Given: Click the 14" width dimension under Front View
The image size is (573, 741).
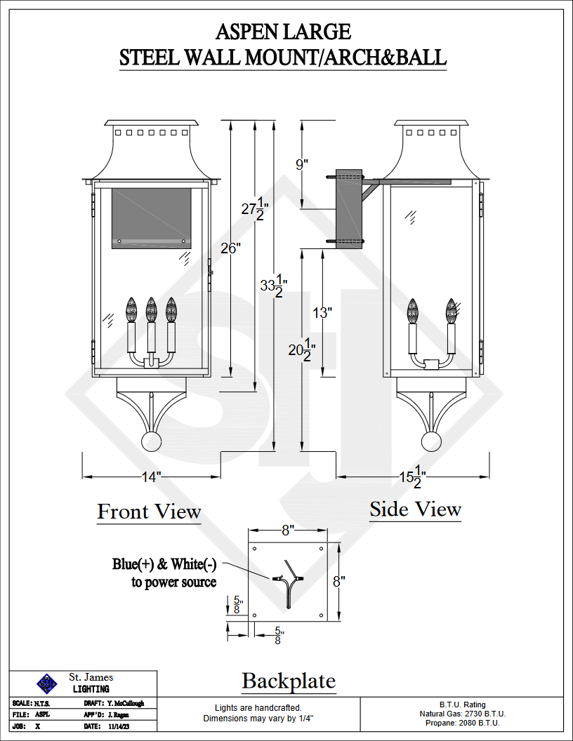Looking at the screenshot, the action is point(151,477).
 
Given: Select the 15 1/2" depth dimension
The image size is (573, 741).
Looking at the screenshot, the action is point(412,477).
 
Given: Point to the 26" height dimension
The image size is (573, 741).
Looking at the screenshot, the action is point(231,248).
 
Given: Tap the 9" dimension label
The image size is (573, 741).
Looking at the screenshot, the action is point(302,164).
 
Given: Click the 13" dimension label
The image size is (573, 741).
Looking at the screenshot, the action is point(322,312).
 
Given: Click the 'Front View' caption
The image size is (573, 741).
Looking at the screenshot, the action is point(149,512).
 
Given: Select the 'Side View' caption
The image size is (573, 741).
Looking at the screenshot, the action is point(415,509).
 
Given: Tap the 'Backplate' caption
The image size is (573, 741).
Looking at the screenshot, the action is point(289,681).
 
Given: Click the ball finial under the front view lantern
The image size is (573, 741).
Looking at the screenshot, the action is point(151,441).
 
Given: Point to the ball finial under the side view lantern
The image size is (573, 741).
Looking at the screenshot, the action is point(431,441).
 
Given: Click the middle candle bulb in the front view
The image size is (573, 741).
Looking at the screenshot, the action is point(151,309).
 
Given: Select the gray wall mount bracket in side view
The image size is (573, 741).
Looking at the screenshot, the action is point(349,208).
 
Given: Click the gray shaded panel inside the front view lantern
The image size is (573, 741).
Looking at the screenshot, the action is point(152,218).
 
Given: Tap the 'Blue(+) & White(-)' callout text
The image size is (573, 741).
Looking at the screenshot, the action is point(164,564).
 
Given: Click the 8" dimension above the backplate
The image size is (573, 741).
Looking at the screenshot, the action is point(288,530).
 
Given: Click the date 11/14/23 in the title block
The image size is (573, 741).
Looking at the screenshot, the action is point(119,726).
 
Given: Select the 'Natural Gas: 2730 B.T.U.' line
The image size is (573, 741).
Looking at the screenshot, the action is point(462,714).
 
